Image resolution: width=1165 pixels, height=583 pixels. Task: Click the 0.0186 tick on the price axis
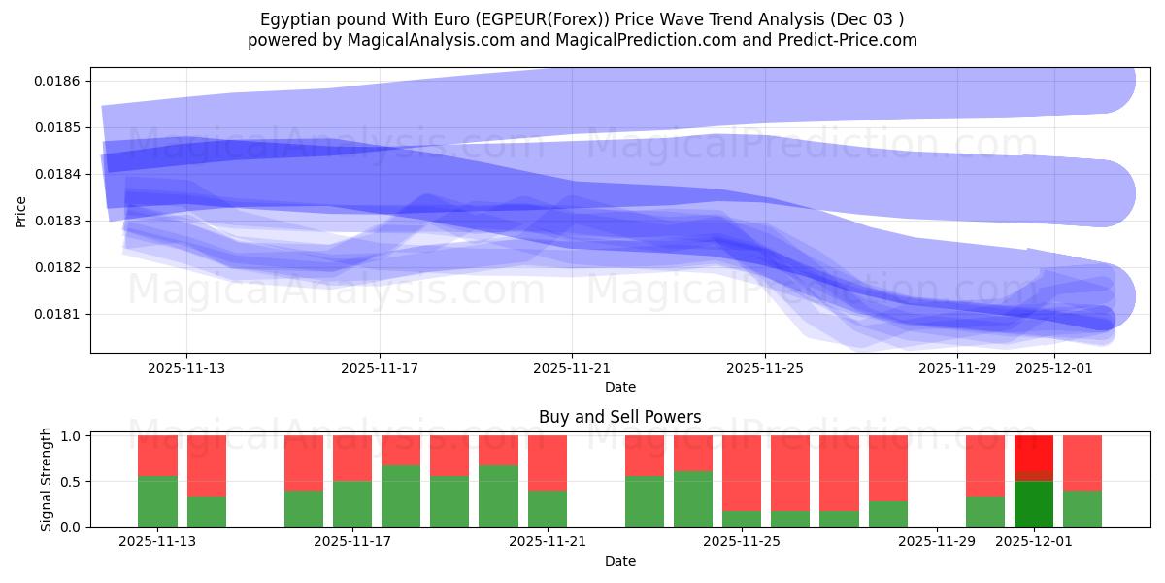point(58,81)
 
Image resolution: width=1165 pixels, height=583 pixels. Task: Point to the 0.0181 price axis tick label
point(58,314)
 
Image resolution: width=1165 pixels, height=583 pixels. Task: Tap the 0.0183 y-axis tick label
point(58,221)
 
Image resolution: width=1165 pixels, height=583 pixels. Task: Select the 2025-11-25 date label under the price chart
point(764,368)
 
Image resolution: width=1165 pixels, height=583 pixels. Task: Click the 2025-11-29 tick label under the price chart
point(956,368)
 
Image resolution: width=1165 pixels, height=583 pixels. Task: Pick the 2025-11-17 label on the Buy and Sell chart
point(352,542)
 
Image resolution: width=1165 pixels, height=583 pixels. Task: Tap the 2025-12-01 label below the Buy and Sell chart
point(1034,542)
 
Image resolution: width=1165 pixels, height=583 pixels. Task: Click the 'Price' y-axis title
point(21,210)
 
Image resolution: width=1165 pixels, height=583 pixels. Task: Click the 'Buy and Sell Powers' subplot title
point(619,417)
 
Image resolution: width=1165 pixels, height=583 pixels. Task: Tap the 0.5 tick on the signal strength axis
point(72,481)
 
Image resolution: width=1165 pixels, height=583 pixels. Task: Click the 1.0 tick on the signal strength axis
point(72,436)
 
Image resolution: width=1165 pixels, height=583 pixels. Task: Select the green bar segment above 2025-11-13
point(157,501)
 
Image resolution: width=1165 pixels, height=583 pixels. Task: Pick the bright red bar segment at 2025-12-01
point(1034,453)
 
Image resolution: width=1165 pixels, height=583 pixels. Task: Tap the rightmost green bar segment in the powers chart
point(1082,508)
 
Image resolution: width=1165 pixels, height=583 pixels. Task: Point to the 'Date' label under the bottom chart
point(619,561)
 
